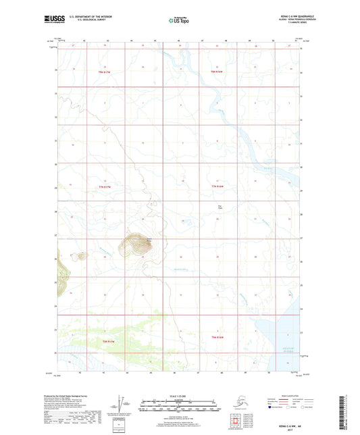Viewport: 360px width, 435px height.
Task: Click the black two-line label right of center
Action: coord(220,207)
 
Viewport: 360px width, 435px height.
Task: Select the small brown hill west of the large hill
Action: coord(81,255)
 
